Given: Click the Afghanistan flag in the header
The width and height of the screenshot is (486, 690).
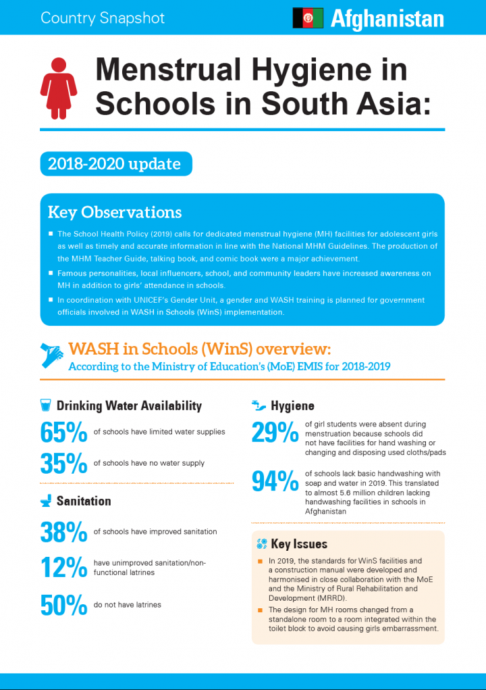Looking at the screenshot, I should coord(308,18).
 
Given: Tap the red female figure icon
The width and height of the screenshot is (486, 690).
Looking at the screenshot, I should coord(57,86).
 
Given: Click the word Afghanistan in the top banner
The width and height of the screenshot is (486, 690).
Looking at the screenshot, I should coord(387,18).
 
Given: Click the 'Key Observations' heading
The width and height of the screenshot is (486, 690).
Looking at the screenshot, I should coord(115,212).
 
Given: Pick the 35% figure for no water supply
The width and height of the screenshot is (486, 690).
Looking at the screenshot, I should coord(63,464).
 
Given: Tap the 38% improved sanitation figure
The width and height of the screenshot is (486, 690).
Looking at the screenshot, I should coord(63,532).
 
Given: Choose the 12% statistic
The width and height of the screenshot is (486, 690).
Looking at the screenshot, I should coord(63,568).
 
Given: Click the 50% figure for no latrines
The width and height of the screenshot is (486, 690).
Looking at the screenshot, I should coord(63,606).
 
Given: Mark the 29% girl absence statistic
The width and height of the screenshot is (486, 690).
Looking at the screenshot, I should coord(274,433).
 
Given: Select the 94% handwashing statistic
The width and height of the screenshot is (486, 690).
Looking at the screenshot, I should coord(275,481).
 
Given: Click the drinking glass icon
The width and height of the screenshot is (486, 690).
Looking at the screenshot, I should coord(46,405).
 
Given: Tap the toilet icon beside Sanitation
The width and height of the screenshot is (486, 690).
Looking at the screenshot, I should coord(46,501).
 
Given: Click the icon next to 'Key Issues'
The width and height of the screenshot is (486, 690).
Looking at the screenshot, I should coord(262,544).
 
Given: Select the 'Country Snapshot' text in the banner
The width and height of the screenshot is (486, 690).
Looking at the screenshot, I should coord(103,18).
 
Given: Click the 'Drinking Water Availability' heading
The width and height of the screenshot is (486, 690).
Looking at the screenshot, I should coord(129,406).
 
